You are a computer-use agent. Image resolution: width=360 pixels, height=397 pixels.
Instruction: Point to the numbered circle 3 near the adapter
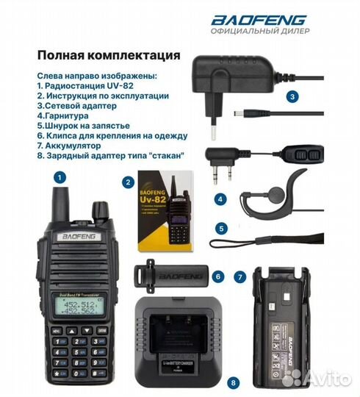[x=292, y=96]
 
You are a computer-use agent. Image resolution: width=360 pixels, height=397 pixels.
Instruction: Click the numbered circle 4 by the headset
[x=220, y=198]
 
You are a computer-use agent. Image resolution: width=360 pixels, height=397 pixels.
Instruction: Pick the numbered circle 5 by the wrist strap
[x=220, y=229]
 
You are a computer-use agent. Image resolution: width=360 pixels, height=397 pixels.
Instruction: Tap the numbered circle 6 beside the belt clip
[x=217, y=276]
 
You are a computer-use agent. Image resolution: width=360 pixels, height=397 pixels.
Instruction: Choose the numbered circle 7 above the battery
[x=239, y=277]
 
